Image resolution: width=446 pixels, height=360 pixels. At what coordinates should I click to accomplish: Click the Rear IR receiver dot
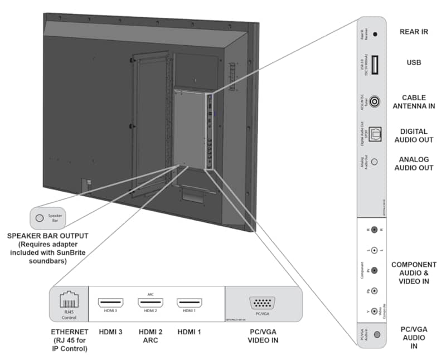pyautogui.click(x=375, y=34)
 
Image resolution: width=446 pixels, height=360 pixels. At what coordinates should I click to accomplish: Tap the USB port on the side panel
pyautogui.click(x=375, y=65)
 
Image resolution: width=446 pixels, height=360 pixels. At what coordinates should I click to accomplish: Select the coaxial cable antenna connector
pyautogui.click(x=375, y=101)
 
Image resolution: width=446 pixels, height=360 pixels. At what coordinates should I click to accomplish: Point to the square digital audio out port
pyautogui.click(x=375, y=132)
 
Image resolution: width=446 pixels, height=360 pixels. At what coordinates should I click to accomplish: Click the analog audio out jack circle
pyautogui.click(x=375, y=162)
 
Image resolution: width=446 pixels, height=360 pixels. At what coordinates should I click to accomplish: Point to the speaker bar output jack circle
pyautogui.click(x=39, y=217)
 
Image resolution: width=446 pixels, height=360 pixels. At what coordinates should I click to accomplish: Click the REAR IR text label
pyautogui.click(x=414, y=32)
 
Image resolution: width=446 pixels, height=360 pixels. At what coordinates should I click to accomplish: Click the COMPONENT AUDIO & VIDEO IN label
pyautogui.click(x=414, y=273)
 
